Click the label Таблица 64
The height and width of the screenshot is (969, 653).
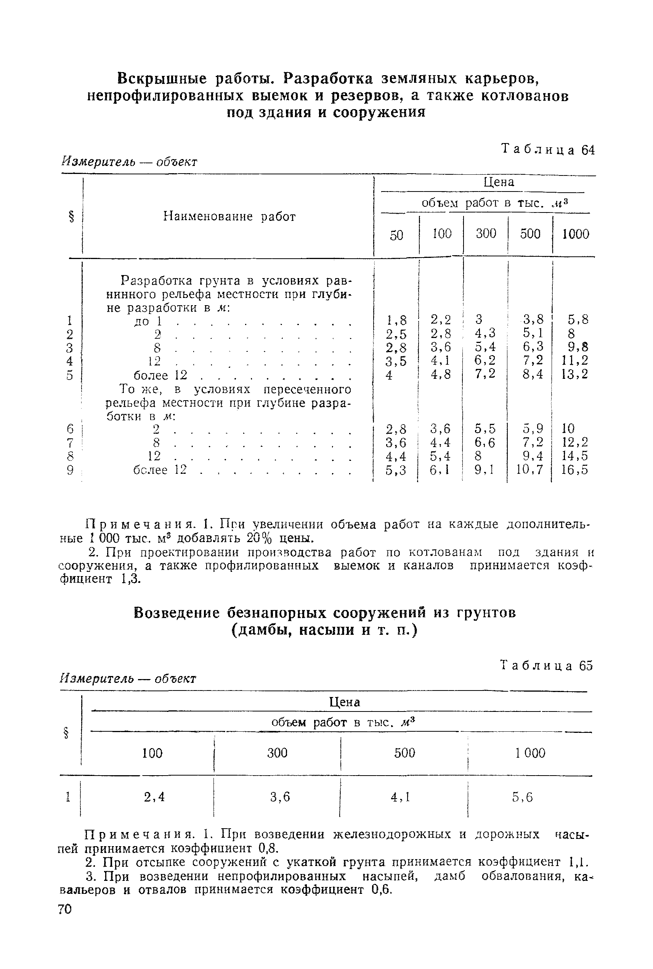[548, 150]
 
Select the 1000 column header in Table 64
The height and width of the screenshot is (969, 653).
[575, 234]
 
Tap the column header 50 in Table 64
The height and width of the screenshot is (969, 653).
[396, 235]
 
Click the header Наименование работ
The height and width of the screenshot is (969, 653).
[229, 216]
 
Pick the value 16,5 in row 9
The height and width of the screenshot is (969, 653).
[575, 470]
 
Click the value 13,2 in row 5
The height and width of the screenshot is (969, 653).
[575, 374]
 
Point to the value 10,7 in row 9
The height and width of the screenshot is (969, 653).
[530, 470]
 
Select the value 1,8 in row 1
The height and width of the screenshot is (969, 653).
[396, 320]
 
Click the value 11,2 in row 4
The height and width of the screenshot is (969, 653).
[575, 361]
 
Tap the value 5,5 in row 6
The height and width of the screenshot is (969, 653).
[485, 429]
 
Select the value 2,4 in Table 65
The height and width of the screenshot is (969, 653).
[154, 797]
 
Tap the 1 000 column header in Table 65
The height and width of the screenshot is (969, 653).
[530, 753]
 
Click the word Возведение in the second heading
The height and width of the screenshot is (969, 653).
[176, 613]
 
